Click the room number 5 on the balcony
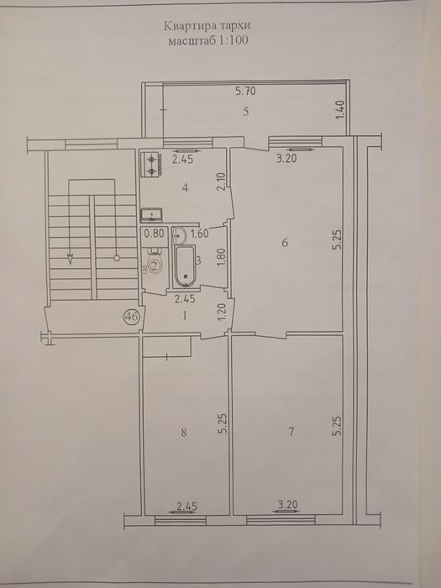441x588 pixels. pos(245,112)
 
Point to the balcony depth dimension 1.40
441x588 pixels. pos(339,110)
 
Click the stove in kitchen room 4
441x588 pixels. pos(151,164)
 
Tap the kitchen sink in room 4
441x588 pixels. pos(151,213)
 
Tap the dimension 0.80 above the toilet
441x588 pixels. pos(153,235)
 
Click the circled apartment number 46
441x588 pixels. pos(131,318)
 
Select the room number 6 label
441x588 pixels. pos(286,244)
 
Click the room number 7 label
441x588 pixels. pos(291,433)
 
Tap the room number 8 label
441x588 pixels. pos(183,433)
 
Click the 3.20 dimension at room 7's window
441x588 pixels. pos(287,507)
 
